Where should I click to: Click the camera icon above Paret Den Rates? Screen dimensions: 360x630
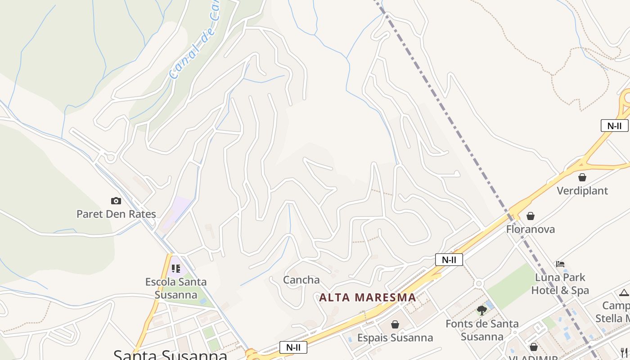[116, 201]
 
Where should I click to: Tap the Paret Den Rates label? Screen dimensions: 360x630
[116, 214]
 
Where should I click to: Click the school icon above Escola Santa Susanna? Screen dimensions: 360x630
[176, 269]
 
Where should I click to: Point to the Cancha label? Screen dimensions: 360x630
[301, 280]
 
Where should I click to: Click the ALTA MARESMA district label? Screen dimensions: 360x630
[368, 297]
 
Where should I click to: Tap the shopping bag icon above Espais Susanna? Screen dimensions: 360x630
[395, 324]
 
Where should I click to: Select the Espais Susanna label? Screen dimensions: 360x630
[395, 337]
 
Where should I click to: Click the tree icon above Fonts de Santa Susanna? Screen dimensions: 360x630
[482, 310]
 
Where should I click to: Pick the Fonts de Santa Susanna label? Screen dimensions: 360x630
[482, 330]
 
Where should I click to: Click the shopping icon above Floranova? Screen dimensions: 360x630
[531, 216]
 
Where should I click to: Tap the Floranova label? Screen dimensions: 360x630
[531, 229]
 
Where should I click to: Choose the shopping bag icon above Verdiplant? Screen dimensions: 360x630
[582, 177]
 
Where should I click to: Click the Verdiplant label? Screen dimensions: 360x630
[582, 191]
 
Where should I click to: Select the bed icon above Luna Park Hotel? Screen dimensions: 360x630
[560, 264]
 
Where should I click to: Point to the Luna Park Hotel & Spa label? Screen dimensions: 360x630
[560, 283]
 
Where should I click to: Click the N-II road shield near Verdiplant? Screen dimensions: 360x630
[614, 126]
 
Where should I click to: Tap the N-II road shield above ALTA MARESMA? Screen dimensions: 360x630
[449, 260]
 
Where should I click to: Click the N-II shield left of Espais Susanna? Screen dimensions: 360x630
[293, 347]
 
